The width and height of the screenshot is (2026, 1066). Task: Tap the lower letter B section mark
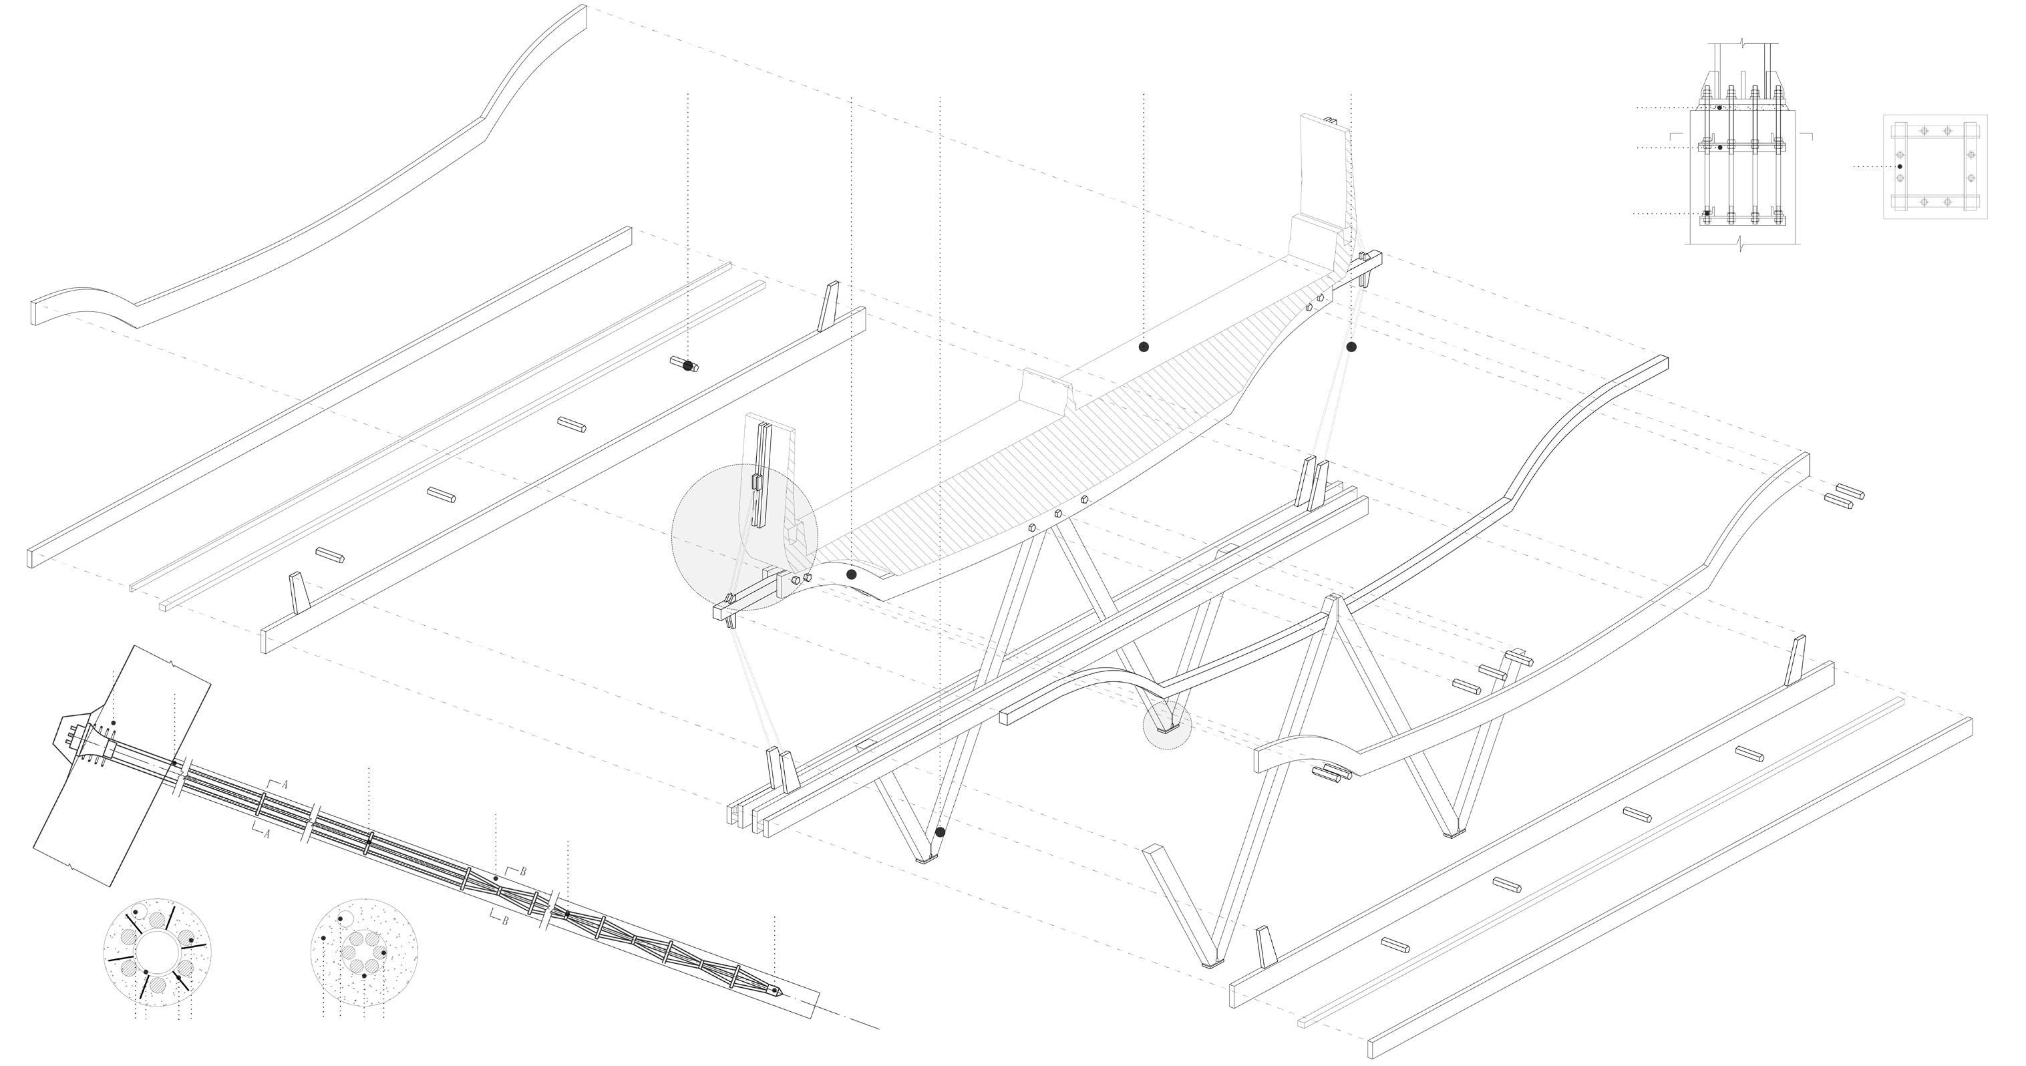[505, 920]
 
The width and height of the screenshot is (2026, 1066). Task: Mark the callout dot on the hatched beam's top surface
[1144, 347]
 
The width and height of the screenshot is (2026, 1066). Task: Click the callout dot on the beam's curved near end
[851, 574]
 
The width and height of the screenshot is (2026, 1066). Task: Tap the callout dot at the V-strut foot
[940, 832]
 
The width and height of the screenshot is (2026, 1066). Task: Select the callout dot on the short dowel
[688, 365]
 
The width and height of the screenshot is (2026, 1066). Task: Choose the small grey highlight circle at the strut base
[1167, 725]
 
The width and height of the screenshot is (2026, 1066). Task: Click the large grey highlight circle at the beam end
[744, 537]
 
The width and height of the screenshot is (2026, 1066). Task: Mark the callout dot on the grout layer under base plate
[1719, 108]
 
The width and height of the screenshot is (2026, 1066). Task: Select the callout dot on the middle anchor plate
[1720, 147]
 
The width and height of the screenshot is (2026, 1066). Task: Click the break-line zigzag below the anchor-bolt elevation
[1741, 244]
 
